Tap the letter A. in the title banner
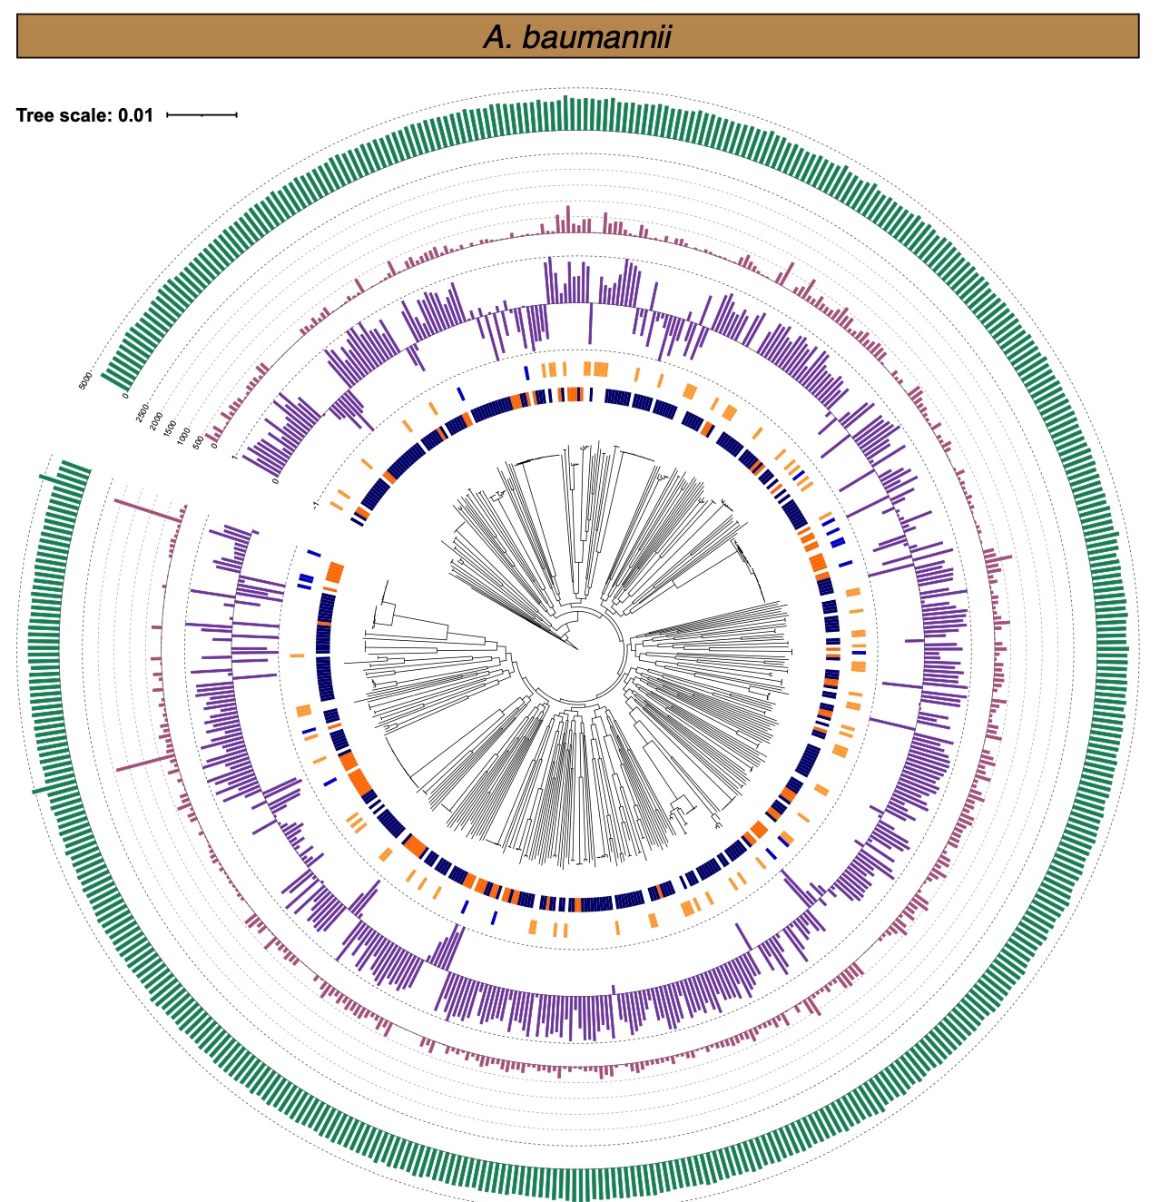[498, 37]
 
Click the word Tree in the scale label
[35, 115]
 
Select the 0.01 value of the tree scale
[136, 115]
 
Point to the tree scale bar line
[202, 115]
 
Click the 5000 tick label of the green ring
[86, 380]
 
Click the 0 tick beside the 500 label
[215, 446]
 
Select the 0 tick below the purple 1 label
[275, 478]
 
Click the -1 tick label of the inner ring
[316, 502]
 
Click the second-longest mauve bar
[143, 763]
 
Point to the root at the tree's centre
[578, 649]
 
